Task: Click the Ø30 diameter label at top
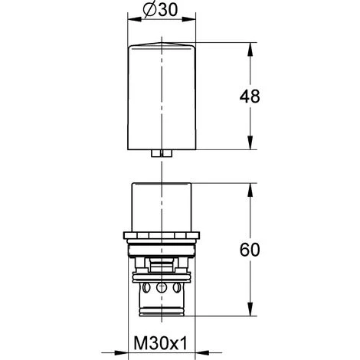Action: (160, 11)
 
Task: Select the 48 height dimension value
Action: (250, 97)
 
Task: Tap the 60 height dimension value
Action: (250, 250)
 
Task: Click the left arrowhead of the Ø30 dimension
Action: (134, 19)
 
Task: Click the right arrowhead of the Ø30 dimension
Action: (188, 19)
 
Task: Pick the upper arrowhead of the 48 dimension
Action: (250, 49)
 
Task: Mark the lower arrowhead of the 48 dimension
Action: (250, 142)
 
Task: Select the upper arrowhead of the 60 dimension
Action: (250, 190)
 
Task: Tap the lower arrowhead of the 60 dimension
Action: (250, 309)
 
